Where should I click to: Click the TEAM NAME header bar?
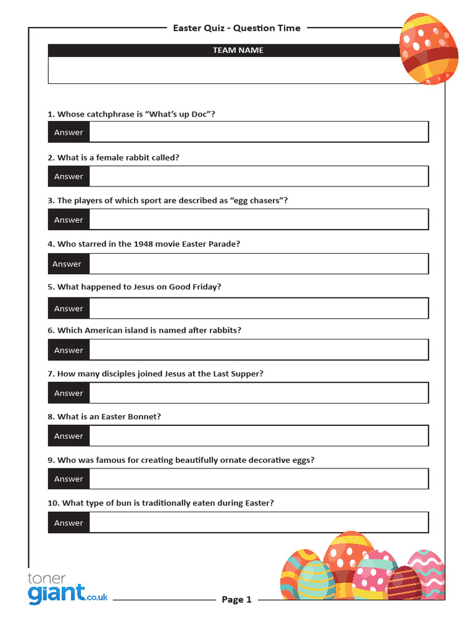[x=238, y=51]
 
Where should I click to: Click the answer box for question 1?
[x=259, y=132]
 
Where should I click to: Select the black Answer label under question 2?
[x=69, y=177]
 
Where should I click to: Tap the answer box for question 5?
[x=259, y=309]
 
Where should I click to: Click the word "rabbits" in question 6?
[x=224, y=330]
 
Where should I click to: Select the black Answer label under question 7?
[x=69, y=393]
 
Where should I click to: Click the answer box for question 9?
[x=259, y=479]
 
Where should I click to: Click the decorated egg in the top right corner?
[x=428, y=49]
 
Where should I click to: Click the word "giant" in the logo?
[x=56, y=593]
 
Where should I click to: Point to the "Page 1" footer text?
[x=236, y=600]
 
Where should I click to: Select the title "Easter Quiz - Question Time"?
[x=236, y=28]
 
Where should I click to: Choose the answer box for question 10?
[x=259, y=523]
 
